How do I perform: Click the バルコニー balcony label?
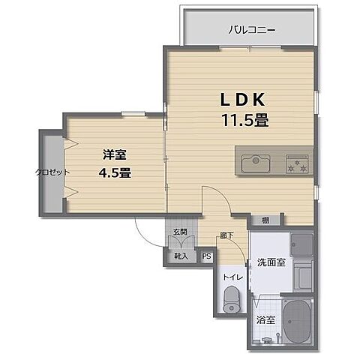(x=251, y=31)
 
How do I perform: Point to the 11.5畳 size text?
(x=244, y=119)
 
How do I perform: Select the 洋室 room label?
(x=114, y=155)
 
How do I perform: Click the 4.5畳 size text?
(x=115, y=174)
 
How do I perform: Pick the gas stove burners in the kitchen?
(x=299, y=162)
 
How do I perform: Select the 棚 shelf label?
(x=265, y=220)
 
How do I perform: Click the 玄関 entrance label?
(x=181, y=232)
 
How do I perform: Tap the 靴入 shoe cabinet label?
(x=181, y=255)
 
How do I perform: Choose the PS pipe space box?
(x=206, y=255)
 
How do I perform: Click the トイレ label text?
(x=232, y=277)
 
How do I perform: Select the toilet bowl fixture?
(x=231, y=302)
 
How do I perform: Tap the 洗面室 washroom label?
(x=270, y=262)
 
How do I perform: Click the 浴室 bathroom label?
(x=265, y=319)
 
